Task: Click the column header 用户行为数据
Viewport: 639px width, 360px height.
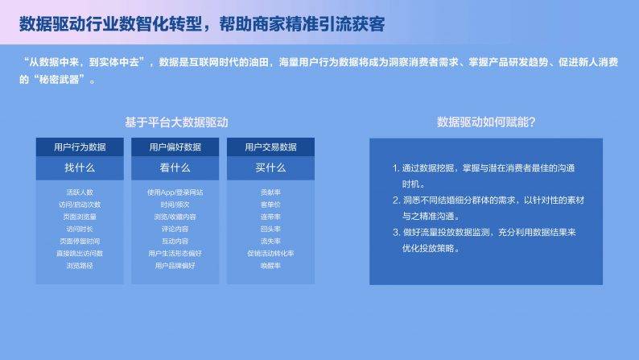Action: click(x=80, y=147)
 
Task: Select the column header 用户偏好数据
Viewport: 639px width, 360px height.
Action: click(x=175, y=147)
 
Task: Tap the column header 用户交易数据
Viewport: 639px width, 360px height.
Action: click(x=270, y=147)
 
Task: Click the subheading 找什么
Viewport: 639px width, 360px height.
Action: click(x=80, y=168)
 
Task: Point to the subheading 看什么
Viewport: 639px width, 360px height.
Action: click(x=175, y=168)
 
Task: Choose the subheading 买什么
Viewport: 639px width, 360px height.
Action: click(x=270, y=168)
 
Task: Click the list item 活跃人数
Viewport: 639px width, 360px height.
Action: click(x=80, y=192)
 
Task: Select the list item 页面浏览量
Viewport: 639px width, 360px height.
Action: click(x=80, y=217)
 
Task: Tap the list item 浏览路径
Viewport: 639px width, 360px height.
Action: click(x=80, y=265)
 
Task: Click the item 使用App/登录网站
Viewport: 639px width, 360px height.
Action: click(x=175, y=192)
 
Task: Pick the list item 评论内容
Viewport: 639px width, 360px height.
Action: click(x=175, y=229)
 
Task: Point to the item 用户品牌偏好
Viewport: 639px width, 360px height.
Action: click(x=175, y=265)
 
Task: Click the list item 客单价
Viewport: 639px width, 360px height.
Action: click(x=270, y=205)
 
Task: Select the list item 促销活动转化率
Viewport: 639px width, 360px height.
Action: click(x=270, y=253)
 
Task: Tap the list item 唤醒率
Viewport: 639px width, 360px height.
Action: click(x=270, y=265)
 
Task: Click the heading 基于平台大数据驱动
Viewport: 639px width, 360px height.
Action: click(x=176, y=122)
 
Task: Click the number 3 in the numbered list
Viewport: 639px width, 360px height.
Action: click(x=396, y=233)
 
